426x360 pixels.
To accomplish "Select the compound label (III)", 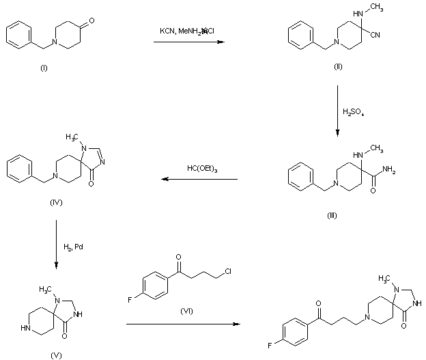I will [332, 216].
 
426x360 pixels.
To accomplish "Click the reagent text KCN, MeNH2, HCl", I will [187, 31].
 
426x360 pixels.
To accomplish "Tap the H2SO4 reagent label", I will [354, 112].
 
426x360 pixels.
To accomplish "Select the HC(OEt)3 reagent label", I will [202, 168].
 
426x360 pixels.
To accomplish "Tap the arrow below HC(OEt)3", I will [199, 180].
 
